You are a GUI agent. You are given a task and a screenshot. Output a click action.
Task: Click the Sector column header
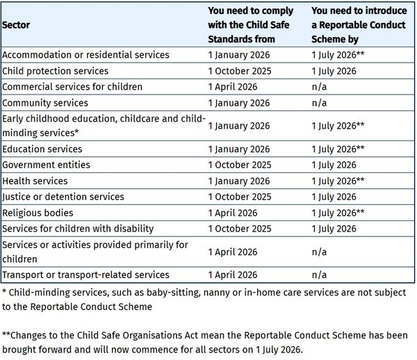[x=16, y=24]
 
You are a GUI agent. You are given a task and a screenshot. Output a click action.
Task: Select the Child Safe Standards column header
[x=250, y=24]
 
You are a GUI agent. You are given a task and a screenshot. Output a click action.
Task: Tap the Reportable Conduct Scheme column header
[x=357, y=24]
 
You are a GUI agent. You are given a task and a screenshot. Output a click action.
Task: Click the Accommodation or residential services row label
[x=85, y=54]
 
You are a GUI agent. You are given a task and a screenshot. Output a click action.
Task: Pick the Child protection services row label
[x=56, y=71]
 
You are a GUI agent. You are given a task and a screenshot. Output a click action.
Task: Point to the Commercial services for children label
[x=72, y=87]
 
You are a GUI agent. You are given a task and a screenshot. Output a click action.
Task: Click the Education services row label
[x=42, y=149]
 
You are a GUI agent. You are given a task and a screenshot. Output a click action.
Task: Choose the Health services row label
[x=35, y=181]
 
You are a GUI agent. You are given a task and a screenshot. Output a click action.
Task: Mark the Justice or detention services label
[x=63, y=197]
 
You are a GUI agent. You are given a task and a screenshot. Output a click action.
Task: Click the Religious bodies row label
[x=38, y=213]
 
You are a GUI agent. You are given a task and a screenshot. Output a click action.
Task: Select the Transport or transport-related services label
[x=85, y=275]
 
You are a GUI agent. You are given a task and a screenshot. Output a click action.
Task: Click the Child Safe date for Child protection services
[x=239, y=71]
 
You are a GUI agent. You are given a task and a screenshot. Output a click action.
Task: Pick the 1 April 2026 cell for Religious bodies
[x=233, y=213]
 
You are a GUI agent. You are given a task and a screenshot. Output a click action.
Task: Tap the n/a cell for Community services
[x=319, y=103]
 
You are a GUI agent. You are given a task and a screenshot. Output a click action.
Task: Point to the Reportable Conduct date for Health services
[x=338, y=181]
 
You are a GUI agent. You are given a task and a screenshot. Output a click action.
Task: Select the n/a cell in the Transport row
[x=319, y=275]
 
